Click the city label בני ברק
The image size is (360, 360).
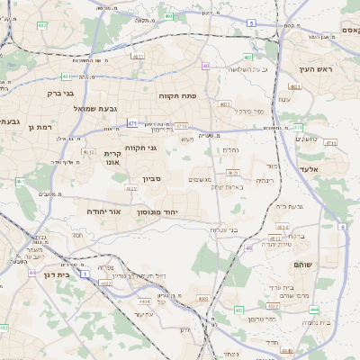click(61, 92)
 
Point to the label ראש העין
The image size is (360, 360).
click(318, 69)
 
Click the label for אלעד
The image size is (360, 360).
click(310, 168)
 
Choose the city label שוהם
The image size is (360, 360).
click(302, 265)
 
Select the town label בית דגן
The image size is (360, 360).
click(56, 274)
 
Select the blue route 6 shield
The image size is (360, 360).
click(343, 227)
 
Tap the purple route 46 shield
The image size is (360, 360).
click(248, 247)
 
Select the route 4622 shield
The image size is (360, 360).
click(130, 189)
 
